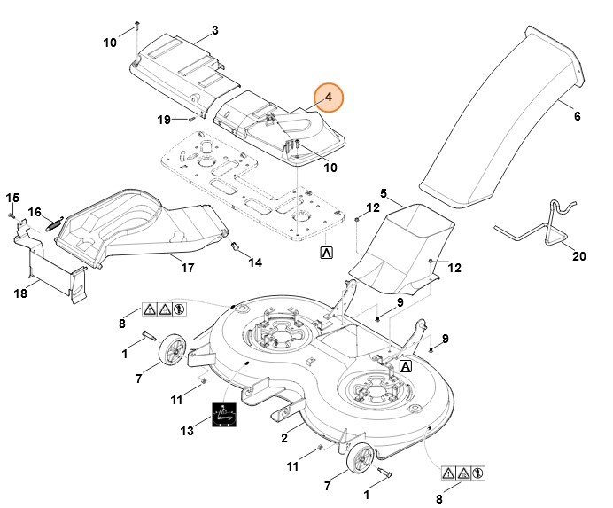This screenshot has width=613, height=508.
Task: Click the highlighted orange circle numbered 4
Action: [329, 96]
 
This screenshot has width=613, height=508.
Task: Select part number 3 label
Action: [214, 31]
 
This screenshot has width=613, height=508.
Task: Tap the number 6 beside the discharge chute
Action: [577, 116]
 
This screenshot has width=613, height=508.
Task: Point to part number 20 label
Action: [580, 256]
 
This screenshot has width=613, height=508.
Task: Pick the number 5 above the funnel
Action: [384, 192]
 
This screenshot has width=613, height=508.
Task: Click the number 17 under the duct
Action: [188, 267]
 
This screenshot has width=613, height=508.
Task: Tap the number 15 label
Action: [12, 197]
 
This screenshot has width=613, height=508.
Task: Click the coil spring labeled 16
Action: [54, 224]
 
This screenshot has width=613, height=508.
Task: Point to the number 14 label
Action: [255, 262]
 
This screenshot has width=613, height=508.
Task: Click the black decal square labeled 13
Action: [224, 415]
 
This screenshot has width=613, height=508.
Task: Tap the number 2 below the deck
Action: [284, 438]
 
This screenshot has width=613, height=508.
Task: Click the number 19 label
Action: [164, 120]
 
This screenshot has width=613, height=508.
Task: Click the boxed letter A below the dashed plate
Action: [327, 253]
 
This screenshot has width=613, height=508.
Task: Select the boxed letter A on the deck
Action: [406, 365]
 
